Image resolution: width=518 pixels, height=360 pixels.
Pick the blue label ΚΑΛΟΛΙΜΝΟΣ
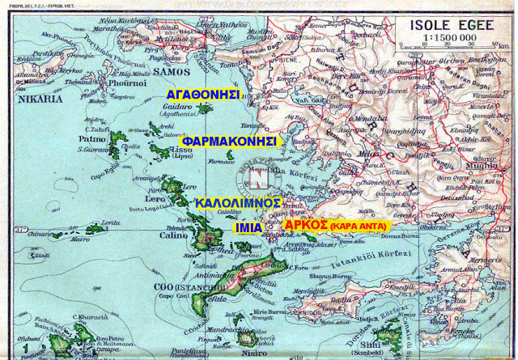[x=237, y=202]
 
